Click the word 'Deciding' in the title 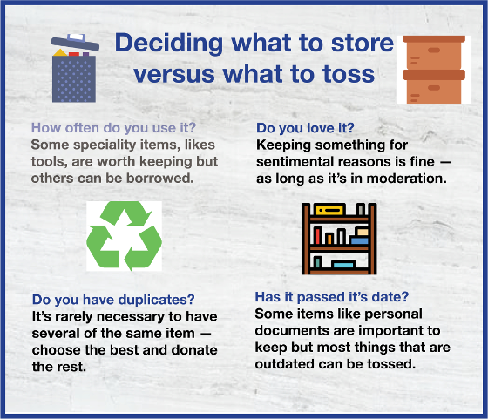pyautogui.click(x=169, y=44)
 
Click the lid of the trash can pyautogui.click(x=75, y=42)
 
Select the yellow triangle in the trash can pyautogui.click(x=60, y=52)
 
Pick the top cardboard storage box pyautogui.click(x=434, y=52)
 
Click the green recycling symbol pyautogui.click(x=124, y=236)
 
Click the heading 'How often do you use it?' pyautogui.click(x=113, y=128)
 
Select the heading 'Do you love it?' pyautogui.click(x=305, y=128)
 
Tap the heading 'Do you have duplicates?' pyautogui.click(x=113, y=300)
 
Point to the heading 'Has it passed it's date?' pyautogui.click(x=332, y=297)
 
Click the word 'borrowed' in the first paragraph pyautogui.click(x=160, y=179)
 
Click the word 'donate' pyautogui.click(x=194, y=350)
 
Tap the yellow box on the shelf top pyautogui.click(x=330, y=210)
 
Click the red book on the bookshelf pyautogui.click(x=317, y=235)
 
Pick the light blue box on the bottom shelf pyautogui.click(x=343, y=265)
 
